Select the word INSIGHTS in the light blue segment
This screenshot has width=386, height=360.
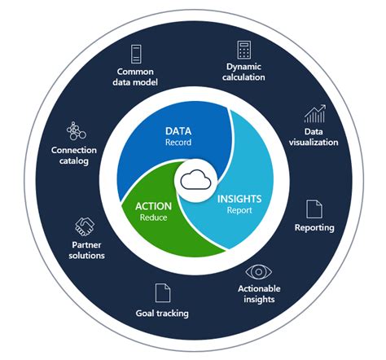pos(239,197)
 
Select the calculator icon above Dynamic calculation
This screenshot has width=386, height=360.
pos(243,49)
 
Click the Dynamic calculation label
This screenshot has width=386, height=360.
pos(243,72)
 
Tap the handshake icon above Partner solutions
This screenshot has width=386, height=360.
pos(83,226)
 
